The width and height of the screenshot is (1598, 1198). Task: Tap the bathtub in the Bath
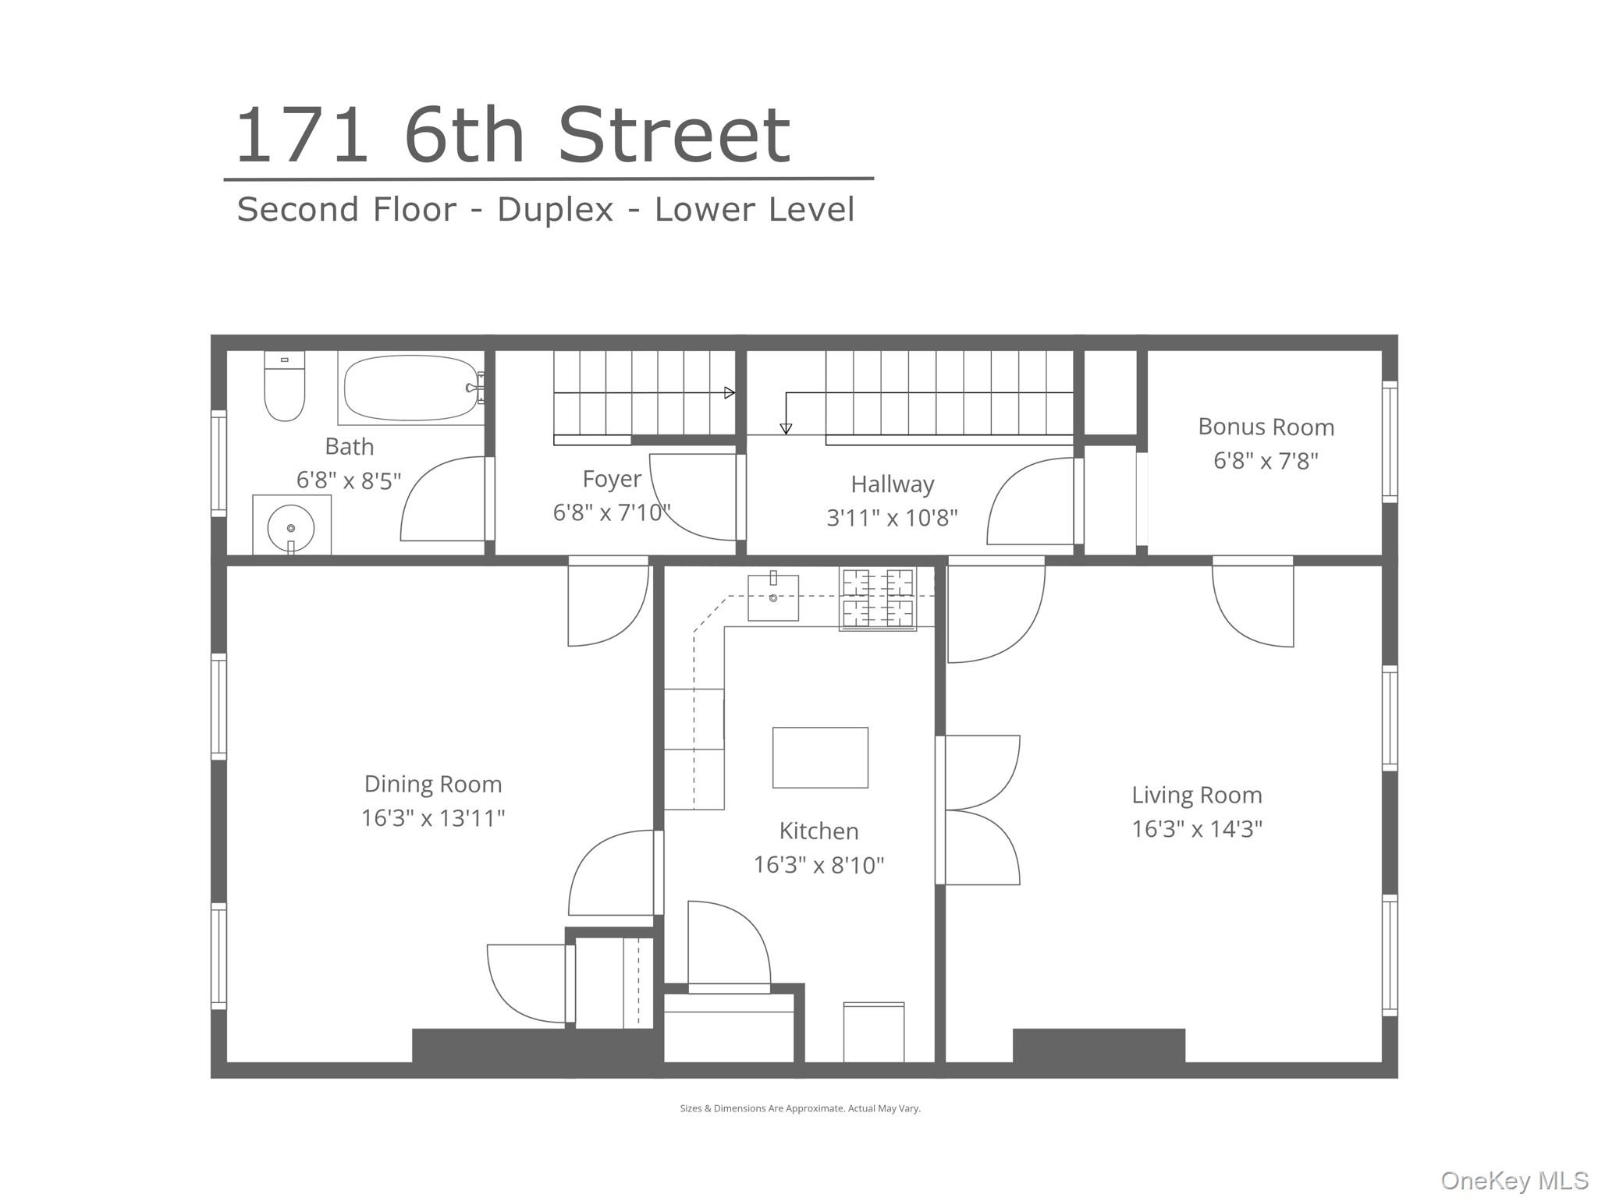pos(410,388)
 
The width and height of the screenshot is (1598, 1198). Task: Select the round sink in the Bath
pos(291,528)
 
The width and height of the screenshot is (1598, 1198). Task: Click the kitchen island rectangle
pos(820,757)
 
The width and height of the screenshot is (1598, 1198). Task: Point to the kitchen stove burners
pos(878,598)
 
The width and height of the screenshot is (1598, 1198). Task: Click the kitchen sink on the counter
pos(773,598)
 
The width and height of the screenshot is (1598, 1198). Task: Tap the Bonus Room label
pos(1266,427)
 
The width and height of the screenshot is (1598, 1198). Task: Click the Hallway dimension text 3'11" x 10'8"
pos(892,517)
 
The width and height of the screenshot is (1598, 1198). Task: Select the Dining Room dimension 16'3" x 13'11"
pos(433,818)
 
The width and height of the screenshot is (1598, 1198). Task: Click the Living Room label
pos(1196,795)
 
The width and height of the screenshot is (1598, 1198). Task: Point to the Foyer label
pos(612,478)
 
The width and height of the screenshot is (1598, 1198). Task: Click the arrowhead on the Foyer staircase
pos(730,393)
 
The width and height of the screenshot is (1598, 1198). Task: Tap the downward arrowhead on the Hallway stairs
pos(786,428)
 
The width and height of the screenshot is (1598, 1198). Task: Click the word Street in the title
pos(674,136)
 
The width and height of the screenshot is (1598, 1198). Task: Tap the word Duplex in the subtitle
pos(556,209)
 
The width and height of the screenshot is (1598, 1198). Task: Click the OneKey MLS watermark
pos(1514,1180)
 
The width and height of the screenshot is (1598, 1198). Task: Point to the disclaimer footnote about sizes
pos(800,1108)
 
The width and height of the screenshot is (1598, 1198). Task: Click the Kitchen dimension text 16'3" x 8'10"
pos(819,865)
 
